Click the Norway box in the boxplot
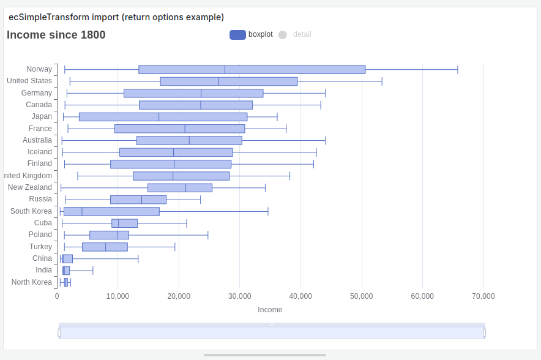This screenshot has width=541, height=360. pos(252,69)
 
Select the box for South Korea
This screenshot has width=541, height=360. pos(111,211)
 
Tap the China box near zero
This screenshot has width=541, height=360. pos(67,258)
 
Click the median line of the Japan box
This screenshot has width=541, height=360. pos(159,117)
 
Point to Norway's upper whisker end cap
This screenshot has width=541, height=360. pos(458,69)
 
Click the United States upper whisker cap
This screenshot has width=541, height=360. pos(382,81)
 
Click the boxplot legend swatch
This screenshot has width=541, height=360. pos(237,34)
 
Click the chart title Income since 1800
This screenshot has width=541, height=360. pos(56,35)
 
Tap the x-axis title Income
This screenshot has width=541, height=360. pos(270,310)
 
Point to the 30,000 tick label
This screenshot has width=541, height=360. pos(239,296)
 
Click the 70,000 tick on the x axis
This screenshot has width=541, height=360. pos(483,296)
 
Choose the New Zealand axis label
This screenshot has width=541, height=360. pos(30,187)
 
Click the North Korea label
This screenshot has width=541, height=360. pos(32,282)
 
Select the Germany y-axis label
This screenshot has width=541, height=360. pos(37,93)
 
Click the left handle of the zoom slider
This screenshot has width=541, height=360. pos(59,332)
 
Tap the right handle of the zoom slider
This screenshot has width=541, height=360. pos(485,332)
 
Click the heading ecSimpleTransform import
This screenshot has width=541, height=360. pos(116,17)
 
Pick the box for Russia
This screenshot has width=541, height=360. pos(138,200)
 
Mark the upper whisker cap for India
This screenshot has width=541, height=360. pos(93,271)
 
